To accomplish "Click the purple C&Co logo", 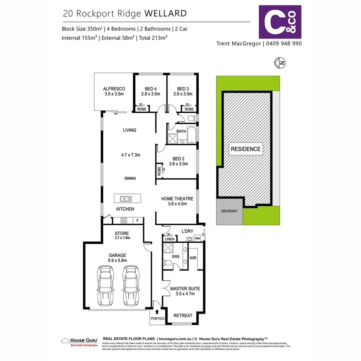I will click(280, 22).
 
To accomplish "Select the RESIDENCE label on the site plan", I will click(246, 149).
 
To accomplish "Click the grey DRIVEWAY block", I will click(229, 212).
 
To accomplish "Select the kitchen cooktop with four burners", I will click(124, 220).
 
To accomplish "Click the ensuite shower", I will click(168, 249).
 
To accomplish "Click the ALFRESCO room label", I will click(114, 89).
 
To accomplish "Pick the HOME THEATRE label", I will click(177, 199).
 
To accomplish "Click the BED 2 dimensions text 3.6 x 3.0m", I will click(178, 164).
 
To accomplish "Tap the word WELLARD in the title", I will click(165, 13).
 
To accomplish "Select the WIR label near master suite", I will click(193, 258).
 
